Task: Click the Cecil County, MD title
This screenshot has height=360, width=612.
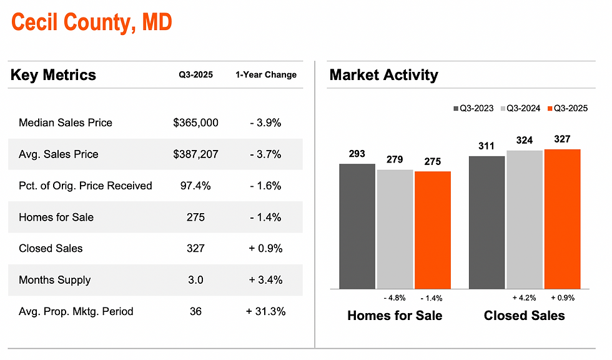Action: [x=91, y=23]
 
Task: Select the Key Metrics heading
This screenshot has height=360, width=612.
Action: [x=53, y=76]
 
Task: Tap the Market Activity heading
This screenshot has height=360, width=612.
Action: [x=383, y=76]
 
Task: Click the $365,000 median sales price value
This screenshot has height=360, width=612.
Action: [x=195, y=123]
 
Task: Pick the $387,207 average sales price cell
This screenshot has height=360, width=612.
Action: [x=195, y=154]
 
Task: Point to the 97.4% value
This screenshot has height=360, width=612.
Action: [x=195, y=186]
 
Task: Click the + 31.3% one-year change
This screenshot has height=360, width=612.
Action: [x=265, y=311]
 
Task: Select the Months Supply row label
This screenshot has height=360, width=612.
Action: [x=55, y=280]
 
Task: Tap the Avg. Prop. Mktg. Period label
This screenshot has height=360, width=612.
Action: [x=76, y=311]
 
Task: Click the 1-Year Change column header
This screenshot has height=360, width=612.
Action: [x=265, y=75]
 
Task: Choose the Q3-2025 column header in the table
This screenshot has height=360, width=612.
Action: [x=195, y=75]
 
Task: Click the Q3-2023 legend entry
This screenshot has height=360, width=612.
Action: [x=473, y=109]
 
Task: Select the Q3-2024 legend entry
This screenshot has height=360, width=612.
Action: [x=520, y=109]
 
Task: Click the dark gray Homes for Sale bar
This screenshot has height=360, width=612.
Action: [x=357, y=226]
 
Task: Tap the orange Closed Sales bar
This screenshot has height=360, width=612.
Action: [x=562, y=219]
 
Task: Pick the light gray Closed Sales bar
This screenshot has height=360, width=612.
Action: [x=525, y=219]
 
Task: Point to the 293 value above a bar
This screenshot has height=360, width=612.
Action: [x=357, y=154]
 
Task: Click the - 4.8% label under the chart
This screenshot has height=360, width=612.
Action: [x=394, y=298]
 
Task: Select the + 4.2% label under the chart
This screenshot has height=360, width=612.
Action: [x=524, y=298]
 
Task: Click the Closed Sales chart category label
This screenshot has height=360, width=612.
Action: [x=524, y=316]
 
